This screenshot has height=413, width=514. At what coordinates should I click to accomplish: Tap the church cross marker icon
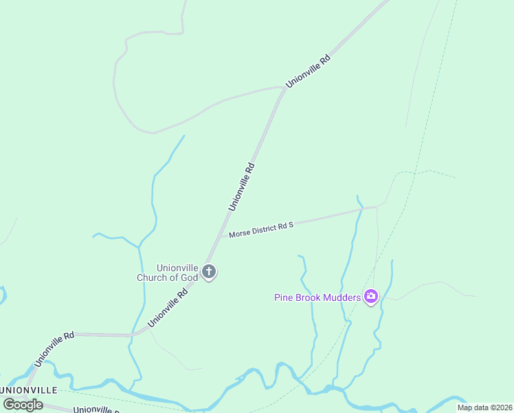(210, 273)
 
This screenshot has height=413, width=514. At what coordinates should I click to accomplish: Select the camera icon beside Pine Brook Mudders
(371, 297)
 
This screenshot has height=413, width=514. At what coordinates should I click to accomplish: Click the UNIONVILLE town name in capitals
(30, 390)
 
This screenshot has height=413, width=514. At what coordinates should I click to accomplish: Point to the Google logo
(23, 404)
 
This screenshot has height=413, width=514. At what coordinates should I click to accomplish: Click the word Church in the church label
(153, 278)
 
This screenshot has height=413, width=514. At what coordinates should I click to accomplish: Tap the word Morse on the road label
(240, 233)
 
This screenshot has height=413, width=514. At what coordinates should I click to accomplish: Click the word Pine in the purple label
(284, 297)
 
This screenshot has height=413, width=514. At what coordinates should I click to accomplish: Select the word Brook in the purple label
(307, 297)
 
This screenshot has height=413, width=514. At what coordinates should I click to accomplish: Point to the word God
(190, 278)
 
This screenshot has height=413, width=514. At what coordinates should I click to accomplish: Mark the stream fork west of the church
(139, 246)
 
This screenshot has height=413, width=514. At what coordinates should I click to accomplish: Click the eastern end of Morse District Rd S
(376, 206)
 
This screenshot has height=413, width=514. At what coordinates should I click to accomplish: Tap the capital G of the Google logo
(9, 404)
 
